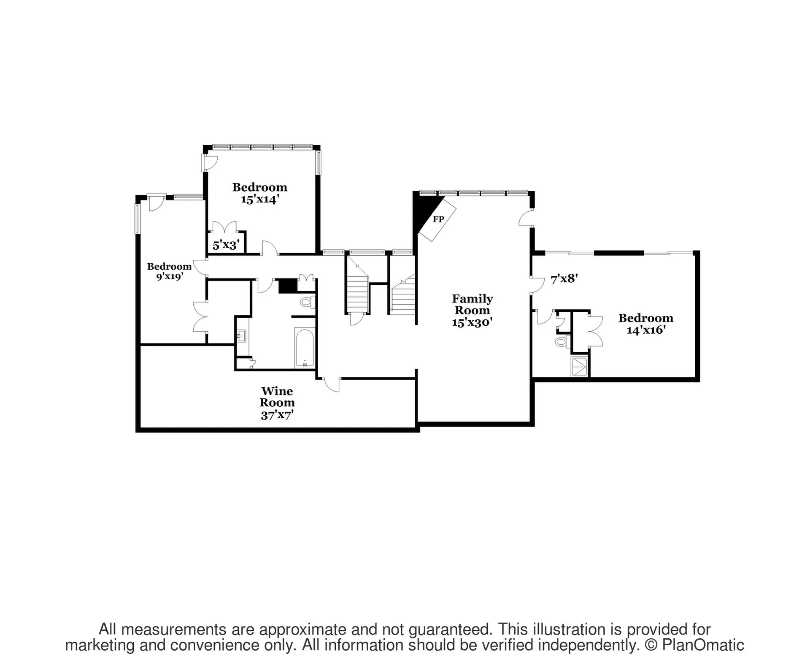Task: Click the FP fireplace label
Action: [438, 219]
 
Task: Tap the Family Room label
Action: [472, 304]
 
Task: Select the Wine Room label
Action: [277, 397]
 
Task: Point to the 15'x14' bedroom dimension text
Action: [259, 199]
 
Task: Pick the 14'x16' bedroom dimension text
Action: [646, 330]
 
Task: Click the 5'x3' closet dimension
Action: [226, 245]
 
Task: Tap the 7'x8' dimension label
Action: [564, 278]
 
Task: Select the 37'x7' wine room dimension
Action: [277, 415]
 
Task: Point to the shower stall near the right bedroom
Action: [579, 367]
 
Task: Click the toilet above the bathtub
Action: [307, 302]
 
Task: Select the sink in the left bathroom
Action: [242, 336]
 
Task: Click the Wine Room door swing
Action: [332, 384]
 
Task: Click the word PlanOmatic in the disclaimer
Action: [703, 645]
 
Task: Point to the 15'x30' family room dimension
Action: [472, 322]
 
